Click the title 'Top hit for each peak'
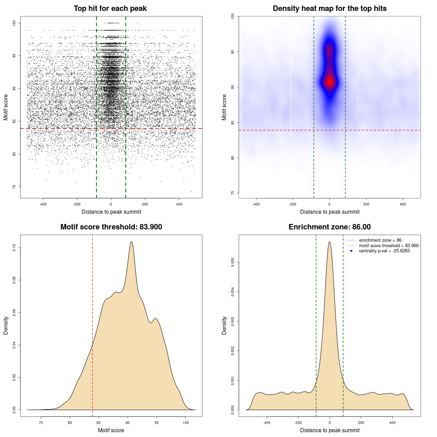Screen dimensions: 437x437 [x=110, y=9]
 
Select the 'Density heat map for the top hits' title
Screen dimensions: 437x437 [x=329, y=9]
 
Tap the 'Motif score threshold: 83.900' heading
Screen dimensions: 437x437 [x=111, y=227]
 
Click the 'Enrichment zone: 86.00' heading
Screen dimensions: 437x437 [x=329, y=227]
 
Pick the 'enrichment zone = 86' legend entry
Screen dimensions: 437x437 [x=380, y=240]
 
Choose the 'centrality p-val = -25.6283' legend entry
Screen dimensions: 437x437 [x=384, y=251]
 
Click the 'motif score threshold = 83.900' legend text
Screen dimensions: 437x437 [x=389, y=246]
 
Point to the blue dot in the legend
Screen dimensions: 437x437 [x=351, y=251]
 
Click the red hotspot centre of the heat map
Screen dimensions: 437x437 [x=329, y=82]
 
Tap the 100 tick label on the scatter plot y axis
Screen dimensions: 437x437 [x=14, y=23]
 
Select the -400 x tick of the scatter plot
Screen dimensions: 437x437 [x=43, y=204]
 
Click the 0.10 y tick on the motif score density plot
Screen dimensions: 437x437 [x=14, y=248]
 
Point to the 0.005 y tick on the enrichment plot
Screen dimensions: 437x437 [x=233, y=262]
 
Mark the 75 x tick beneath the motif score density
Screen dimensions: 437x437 [x=41, y=423]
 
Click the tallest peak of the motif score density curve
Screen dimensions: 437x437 [x=131, y=242]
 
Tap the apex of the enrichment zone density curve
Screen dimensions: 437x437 [x=329, y=242]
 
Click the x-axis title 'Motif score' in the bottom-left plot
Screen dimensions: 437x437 [x=111, y=430]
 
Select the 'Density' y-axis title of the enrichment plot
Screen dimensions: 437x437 [x=224, y=325]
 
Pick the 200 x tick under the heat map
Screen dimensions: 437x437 [x=366, y=204]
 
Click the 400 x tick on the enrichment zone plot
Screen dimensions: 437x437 [x=392, y=423]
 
